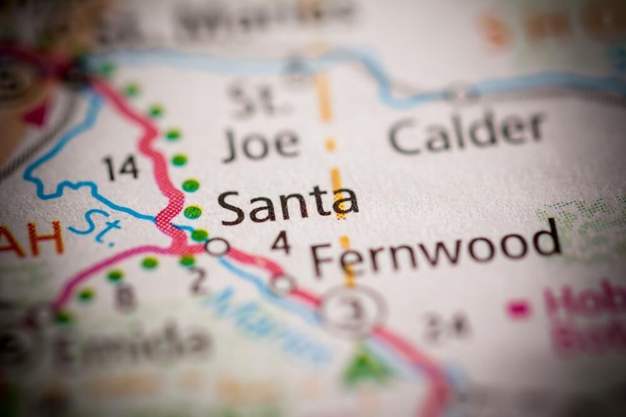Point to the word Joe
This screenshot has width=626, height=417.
(x=261, y=143)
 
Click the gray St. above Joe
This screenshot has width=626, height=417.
(x=253, y=99)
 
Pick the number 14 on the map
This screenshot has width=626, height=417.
(x=120, y=168)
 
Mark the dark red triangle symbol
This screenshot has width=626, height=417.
(x=36, y=114)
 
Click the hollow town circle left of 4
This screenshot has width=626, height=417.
(x=217, y=246)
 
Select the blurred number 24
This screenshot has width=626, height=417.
(x=446, y=325)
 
